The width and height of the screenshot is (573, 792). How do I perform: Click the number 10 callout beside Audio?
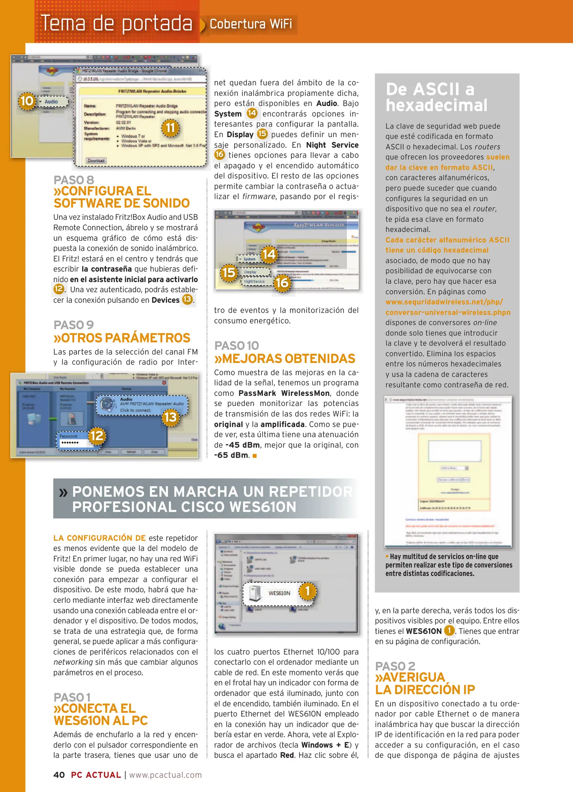(27, 101)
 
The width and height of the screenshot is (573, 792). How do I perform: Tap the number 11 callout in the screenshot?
(170, 128)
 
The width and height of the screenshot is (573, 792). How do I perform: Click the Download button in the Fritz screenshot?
(96, 161)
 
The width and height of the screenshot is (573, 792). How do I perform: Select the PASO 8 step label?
(74, 180)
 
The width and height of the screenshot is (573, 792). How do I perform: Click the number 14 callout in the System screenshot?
(269, 254)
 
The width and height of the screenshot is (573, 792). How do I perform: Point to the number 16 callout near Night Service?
(282, 283)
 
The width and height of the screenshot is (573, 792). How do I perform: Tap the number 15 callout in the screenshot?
(229, 272)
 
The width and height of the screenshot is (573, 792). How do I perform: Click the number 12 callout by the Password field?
(97, 436)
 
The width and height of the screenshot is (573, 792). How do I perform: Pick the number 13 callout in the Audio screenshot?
(170, 417)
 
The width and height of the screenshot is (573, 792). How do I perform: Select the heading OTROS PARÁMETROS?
(122, 338)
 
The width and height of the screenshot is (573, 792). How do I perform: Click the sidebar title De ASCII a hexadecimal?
(436, 97)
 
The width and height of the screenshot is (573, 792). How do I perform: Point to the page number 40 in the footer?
(59, 775)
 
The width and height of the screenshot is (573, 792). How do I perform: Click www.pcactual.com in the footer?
(165, 775)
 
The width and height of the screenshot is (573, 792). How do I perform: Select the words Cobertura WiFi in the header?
(251, 24)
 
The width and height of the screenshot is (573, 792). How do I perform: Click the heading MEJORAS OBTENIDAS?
(285, 359)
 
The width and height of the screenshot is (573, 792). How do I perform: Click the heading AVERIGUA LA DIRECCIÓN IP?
(425, 683)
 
